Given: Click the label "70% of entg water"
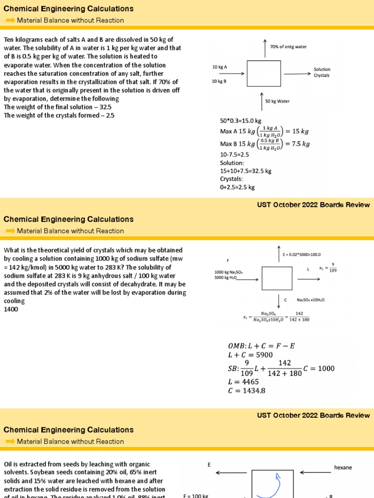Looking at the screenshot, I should pos(288,47).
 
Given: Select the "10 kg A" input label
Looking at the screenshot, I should pos(220,67).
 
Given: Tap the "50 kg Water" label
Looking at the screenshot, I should pos(277,101).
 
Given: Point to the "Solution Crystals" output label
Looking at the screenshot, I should pos(322,72).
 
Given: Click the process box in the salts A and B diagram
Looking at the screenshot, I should pos(262,73).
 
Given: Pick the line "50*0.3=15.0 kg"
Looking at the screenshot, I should pos(241,121).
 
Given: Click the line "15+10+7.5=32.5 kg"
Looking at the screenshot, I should pos(245,171).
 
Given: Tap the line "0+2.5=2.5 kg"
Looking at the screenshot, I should pos(237,187).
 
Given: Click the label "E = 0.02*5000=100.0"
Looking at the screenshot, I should pos(302,254).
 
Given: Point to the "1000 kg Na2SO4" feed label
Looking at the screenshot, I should pos(229,272).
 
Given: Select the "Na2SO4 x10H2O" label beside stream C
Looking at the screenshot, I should pos(311,300).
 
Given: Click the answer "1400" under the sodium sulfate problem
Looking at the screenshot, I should pos(11,309).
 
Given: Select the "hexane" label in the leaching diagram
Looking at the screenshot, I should pos(343,467).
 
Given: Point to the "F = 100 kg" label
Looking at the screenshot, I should pos(196,496).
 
